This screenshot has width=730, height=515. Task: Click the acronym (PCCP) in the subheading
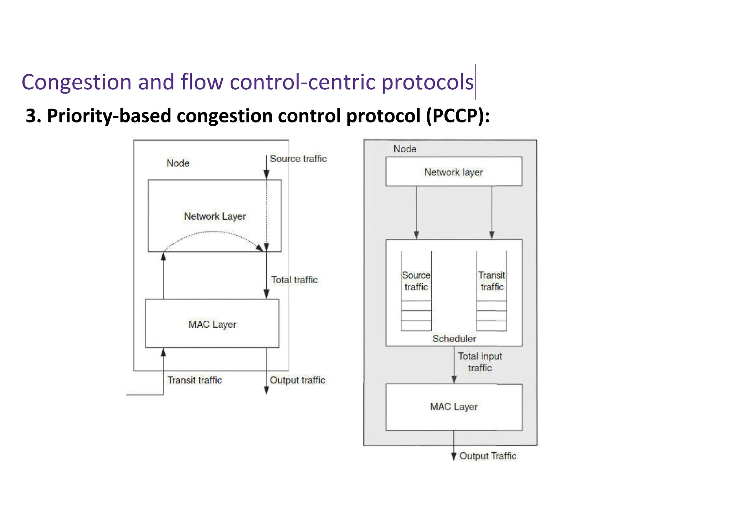click(457, 116)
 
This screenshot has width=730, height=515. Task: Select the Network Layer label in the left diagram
click(215, 216)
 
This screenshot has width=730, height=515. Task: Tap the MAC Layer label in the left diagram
click(212, 325)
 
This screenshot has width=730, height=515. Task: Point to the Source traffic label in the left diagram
click(298, 159)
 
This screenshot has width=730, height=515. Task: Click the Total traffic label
click(294, 280)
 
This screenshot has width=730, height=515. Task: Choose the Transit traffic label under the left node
click(195, 380)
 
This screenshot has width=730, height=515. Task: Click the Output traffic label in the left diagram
click(297, 380)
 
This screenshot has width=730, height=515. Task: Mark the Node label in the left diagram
click(178, 163)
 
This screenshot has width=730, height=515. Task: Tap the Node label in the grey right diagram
click(405, 149)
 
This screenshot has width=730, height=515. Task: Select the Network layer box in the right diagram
click(453, 172)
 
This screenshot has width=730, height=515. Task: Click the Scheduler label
click(454, 339)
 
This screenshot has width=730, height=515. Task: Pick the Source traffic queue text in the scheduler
click(416, 281)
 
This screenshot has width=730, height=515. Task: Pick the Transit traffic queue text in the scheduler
click(492, 281)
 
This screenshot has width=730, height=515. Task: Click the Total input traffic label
click(480, 362)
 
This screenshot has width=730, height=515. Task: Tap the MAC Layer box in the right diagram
click(453, 407)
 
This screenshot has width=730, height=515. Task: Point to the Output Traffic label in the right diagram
click(487, 456)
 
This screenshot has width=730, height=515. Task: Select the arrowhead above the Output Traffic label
click(454, 456)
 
